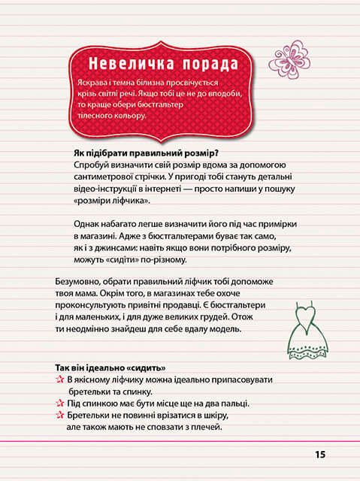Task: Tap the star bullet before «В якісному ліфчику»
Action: (59, 381)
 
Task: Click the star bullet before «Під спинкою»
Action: (59, 404)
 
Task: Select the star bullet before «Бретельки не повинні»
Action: (59, 415)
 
